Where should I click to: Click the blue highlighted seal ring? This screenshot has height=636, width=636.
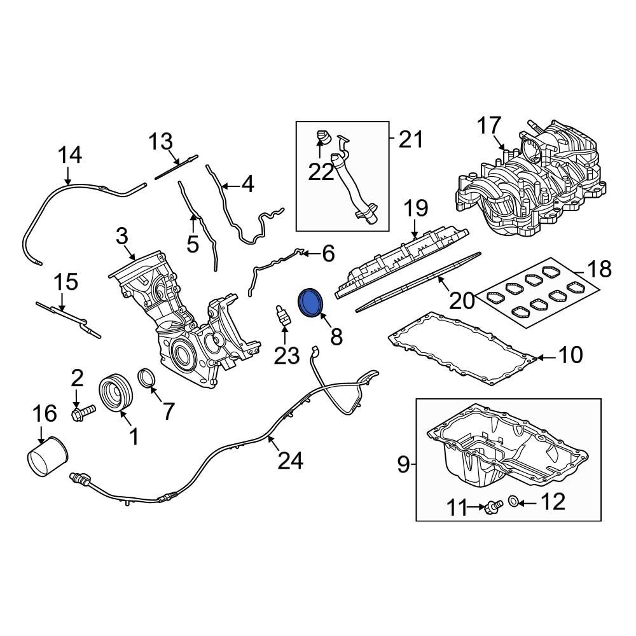click(311, 301)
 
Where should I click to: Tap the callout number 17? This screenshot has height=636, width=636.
click(490, 126)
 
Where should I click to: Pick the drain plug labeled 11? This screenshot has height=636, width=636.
click(492, 507)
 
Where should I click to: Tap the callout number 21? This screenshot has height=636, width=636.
click(410, 138)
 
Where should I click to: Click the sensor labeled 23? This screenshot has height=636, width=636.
click(282, 316)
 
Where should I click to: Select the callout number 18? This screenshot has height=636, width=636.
click(598, 268)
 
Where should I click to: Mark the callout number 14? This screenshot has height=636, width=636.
click(71, 155)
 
